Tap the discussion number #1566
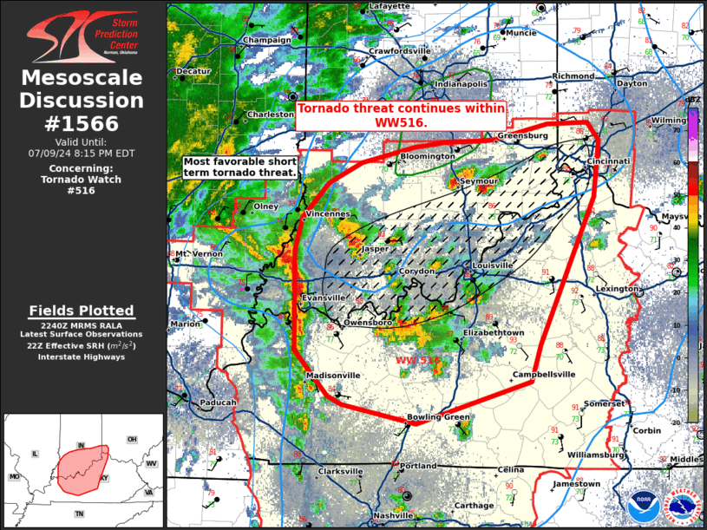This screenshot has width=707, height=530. (82, 123)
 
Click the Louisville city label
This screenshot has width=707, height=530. (493, 265)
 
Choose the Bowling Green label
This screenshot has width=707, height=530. (439, 417)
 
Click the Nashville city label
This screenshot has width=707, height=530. (393, 515)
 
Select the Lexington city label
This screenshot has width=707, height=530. (616, 289)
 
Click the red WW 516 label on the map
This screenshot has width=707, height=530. (418, 359)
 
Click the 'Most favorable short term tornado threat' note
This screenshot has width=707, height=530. (239, 167)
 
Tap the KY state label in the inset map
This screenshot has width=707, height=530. (105, 477)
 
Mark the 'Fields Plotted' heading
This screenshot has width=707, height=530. (82, 311)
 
